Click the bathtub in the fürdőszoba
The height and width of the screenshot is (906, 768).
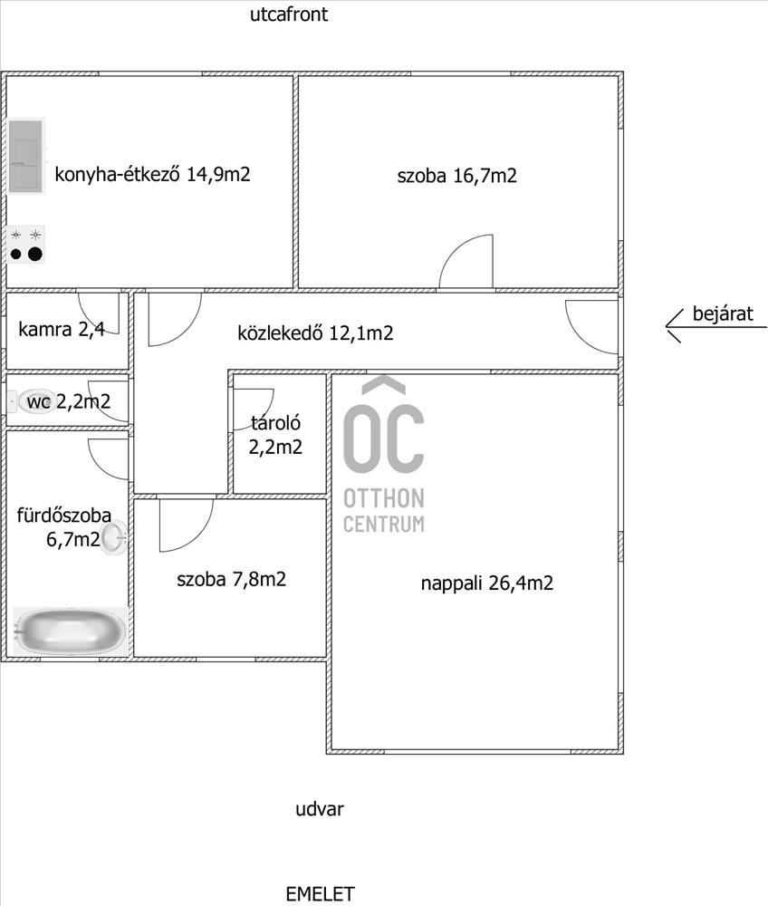coord(71,631)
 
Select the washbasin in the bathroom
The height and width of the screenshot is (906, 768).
coord(113,538)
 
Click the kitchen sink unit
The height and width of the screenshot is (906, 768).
coord(26,156)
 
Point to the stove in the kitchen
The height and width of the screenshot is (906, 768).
coord(26,245)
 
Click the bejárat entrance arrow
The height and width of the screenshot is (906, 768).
coord(716,328)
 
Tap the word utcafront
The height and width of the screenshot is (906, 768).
coord(289,14)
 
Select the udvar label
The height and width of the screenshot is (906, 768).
coord(320,808)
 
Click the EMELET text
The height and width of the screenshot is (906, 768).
coord(320,894)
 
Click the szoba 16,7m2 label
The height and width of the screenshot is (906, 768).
coord(456,175)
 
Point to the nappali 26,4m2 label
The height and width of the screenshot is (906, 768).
coord(486,583)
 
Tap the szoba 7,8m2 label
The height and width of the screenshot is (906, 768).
coord(231,579)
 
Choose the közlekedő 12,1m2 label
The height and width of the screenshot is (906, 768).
coord(315,333)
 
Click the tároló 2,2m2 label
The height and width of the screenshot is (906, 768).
coord(275,435)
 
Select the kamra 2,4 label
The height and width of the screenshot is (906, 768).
coord(62,329)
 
